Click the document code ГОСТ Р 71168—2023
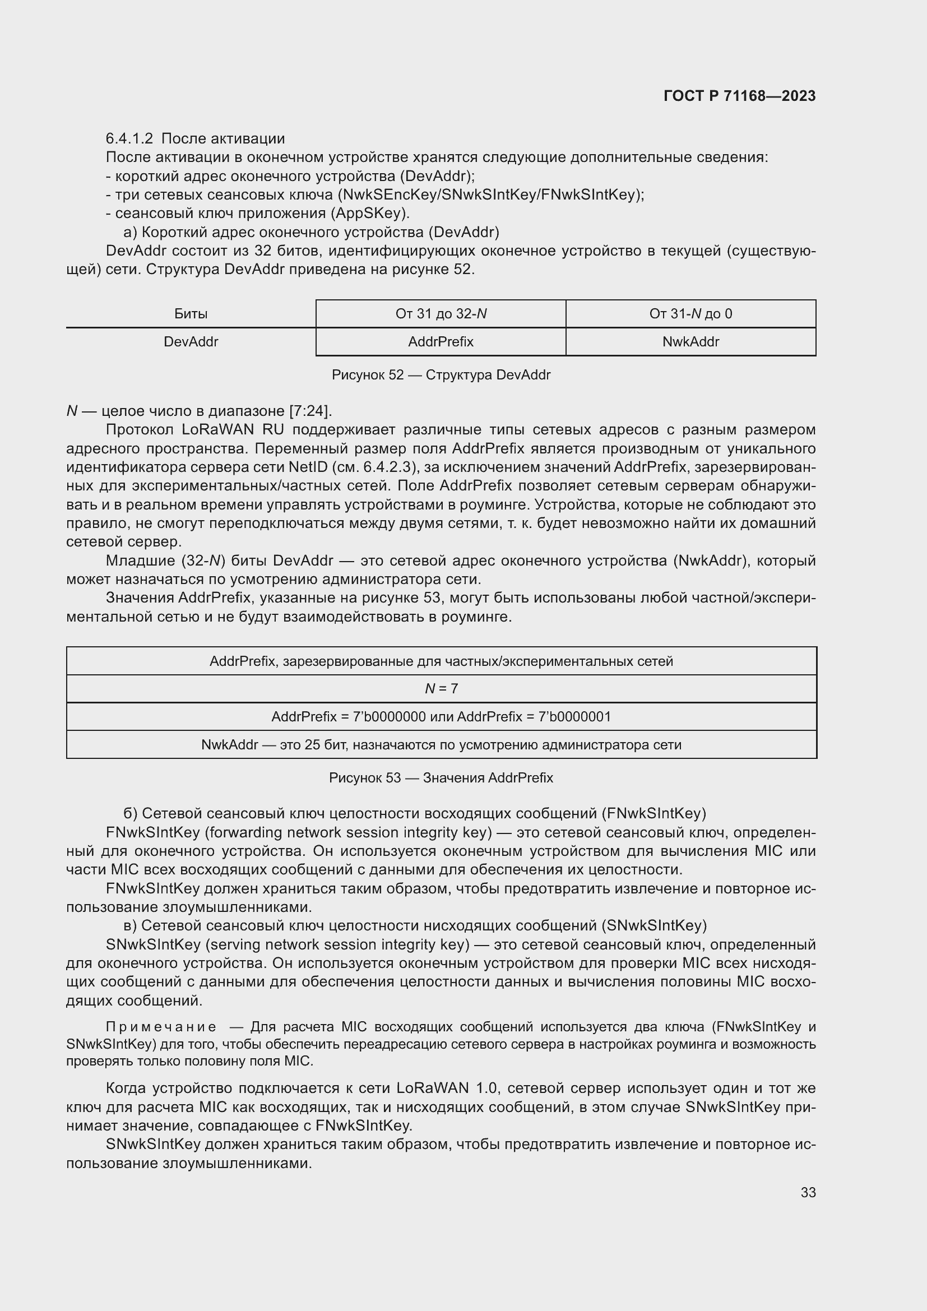point(740,96)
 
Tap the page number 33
point(808,1192)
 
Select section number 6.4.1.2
point(129,139)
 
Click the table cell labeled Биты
point(191,313)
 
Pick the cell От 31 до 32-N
point(441,313)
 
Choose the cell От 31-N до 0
point(690,313)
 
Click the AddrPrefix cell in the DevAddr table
point(441,341)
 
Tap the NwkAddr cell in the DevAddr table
point(690,341)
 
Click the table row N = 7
point(441,689)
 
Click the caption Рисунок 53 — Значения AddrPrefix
point(441,778)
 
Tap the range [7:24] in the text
point(310,411)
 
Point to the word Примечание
point(161,1027)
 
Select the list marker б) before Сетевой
point(129,813)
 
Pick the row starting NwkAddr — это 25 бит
point(441,744)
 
